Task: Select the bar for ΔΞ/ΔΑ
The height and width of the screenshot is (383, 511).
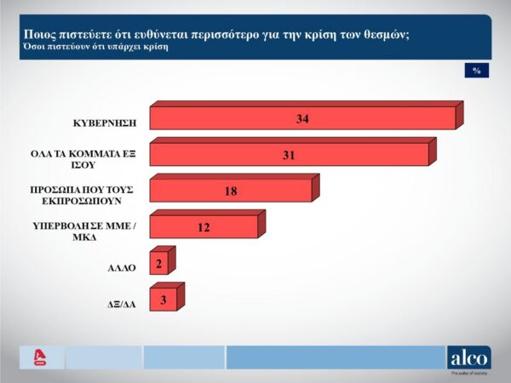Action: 163,300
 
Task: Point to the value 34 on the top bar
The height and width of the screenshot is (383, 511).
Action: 302,118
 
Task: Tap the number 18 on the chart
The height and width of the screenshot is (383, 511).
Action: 231,191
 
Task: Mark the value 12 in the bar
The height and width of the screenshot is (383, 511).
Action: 204,227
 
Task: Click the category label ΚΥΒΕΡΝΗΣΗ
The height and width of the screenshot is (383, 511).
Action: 106,123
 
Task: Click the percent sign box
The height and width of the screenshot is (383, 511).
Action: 477,71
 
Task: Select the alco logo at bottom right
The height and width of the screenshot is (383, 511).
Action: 468,357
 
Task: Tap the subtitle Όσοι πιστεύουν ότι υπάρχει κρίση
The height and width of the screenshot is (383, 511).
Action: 95,47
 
